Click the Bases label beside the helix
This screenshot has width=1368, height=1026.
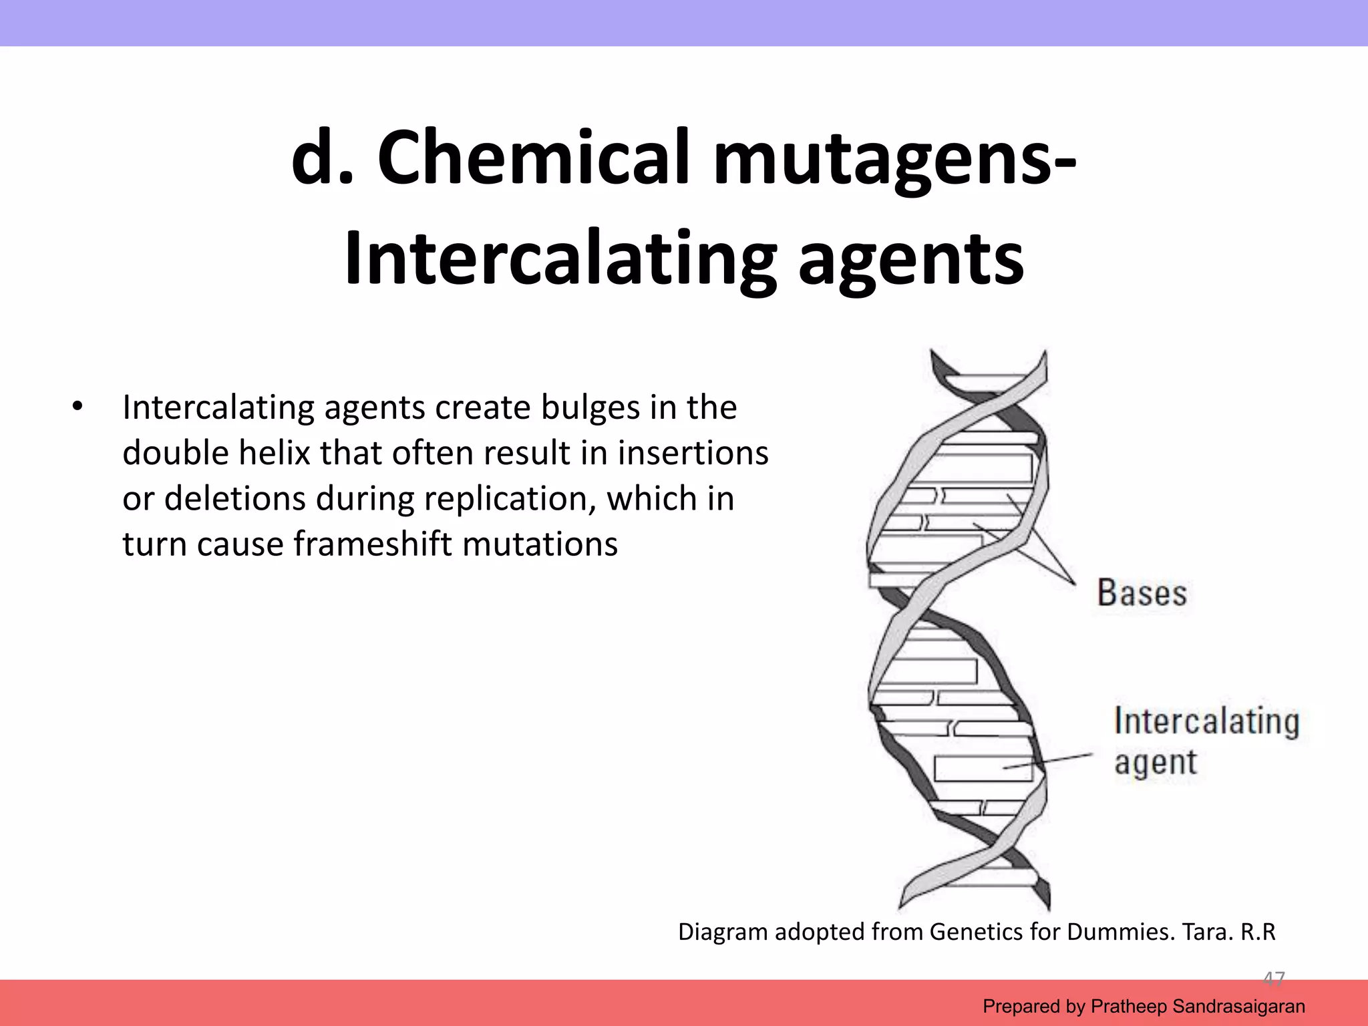tap(1142, 592)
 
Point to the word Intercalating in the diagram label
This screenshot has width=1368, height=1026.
tap(1206, 721)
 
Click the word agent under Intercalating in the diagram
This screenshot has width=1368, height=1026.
tap(1155, 762)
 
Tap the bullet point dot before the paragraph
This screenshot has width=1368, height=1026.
tap(77, 407)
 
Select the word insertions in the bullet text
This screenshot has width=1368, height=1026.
tap(693, 453)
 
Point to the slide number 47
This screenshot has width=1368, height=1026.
tap(1273, 979)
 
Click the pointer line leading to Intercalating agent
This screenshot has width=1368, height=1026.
tap(1049, 761)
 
